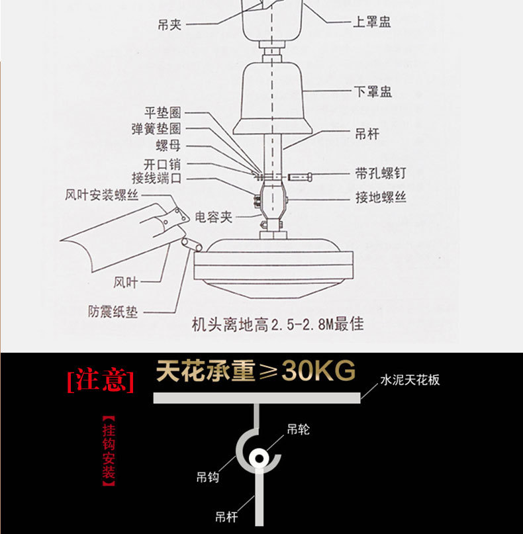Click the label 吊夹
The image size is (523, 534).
click(x=169, y=24)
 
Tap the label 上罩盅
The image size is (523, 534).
click(x=371, y=22)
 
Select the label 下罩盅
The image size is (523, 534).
click(x=373, y=92)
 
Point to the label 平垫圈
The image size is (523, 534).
click(x=162, y=114)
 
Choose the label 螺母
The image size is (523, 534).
click(x=168, y=146)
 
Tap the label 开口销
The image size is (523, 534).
click(x=162, y=164)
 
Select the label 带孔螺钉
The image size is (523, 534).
click(x=381, y=174)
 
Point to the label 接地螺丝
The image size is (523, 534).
click(x=381, y=197)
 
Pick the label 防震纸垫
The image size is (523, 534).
click(x=113, y=311)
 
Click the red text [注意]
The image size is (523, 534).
click(x=101, y=380)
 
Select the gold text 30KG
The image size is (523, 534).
click(x=318, y=372)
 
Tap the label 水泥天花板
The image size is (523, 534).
click(x=410, y=380)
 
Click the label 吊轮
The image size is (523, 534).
click(x=298, y=429)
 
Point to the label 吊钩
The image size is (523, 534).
click(x=208, y=476)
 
